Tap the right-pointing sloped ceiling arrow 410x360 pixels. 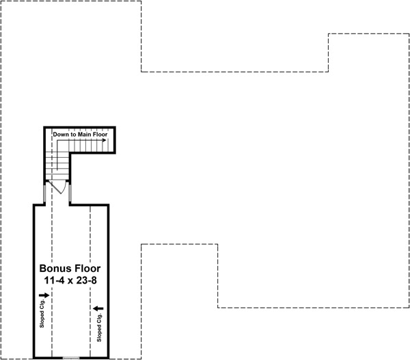(45, 295)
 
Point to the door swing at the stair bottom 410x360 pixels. (61, 187)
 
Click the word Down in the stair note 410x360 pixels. (61, 135)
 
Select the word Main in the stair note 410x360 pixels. (85, 135)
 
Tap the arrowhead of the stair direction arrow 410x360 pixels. (104, 140)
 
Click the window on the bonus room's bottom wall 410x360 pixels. (71, 357)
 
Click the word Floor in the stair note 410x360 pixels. (101, 135)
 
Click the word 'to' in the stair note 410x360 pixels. (73, 135)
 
